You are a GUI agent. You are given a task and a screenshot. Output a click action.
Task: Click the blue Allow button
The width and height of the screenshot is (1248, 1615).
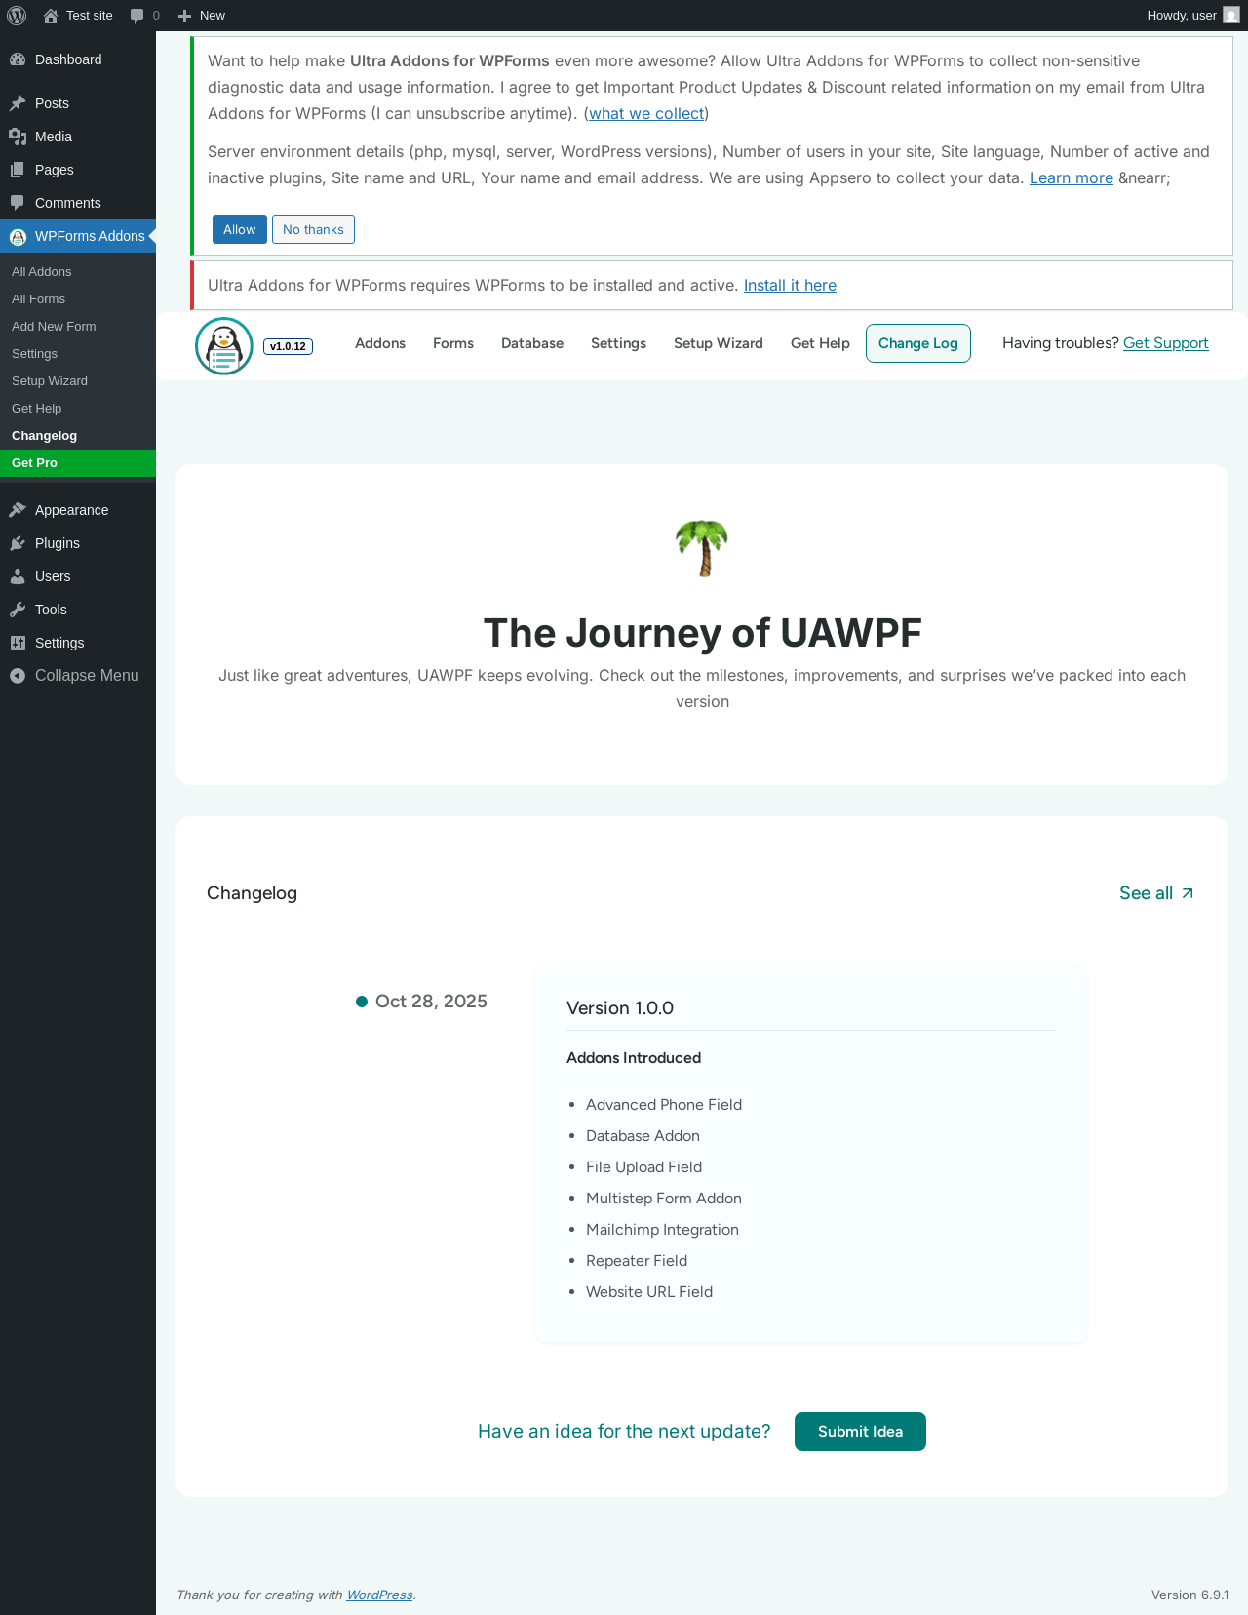pos(239,229)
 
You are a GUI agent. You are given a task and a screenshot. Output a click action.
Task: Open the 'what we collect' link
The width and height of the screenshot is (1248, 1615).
pos(646,114)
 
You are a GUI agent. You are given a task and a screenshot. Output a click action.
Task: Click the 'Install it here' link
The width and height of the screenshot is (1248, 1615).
pos(790,286)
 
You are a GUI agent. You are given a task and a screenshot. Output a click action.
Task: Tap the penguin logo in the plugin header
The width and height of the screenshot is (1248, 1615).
pos(223,345)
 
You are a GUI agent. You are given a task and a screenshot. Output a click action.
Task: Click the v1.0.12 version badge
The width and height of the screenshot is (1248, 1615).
pos(289,346)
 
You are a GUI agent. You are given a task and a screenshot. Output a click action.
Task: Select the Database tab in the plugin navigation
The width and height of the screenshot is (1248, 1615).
pos(532,343)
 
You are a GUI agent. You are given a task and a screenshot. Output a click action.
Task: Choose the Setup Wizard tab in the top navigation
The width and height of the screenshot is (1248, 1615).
pos(718,343)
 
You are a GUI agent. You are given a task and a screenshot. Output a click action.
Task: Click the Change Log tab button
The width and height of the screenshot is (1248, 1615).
pos(917,343)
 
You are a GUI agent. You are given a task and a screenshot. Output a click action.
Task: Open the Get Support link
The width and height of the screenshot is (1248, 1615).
pos(1165,343)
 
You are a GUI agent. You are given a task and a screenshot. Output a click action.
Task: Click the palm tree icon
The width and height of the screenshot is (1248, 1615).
pos(702,548)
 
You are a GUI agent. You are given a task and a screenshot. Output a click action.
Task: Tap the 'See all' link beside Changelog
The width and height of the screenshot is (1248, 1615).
pos(1156,893)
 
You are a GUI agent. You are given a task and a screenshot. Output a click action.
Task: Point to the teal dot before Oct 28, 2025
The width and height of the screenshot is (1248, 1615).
pos(362,1002)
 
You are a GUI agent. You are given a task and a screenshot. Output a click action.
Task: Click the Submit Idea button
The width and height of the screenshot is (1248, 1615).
pos(860,1432)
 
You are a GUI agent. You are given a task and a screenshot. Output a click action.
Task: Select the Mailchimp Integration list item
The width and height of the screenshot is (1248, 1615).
pos(662,1229)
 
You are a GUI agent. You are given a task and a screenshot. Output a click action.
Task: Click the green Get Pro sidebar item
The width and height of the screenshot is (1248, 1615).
pos(78,463)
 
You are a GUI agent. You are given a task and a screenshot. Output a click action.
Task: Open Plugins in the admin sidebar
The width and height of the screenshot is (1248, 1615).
pos(58,543)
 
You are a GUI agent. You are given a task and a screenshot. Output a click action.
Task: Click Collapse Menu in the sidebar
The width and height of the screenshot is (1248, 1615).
pos(86,676)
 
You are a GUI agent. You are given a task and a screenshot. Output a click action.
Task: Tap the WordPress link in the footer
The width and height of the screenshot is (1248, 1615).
pos(379,1595)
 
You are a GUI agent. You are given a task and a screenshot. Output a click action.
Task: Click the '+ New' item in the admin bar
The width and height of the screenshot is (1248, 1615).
pos(201,16)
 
